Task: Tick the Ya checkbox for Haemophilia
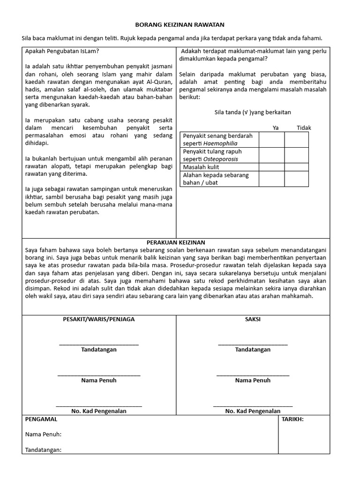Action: tap(272, 140)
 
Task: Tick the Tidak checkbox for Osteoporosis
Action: tap(296, 155)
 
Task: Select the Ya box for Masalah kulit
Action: tap(272, 167)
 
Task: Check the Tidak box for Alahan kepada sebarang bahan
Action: tap(296, 179)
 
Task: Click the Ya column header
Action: tap(276, 127)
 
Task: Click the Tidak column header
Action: tap(304, 127)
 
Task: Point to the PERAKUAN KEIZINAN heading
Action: tap(176, 242)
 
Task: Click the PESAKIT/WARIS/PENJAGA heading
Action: tap(99, 319)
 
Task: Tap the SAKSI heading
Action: tap(253, 319)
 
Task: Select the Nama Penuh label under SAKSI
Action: tap(253, 380)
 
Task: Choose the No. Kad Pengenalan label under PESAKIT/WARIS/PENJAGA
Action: tap(99, 411)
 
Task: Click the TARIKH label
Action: tap(292, 419)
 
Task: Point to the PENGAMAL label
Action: tap(41, 419)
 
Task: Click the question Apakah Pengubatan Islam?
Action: tap(62, 51)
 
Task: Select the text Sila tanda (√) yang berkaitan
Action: tap(253, 112)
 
